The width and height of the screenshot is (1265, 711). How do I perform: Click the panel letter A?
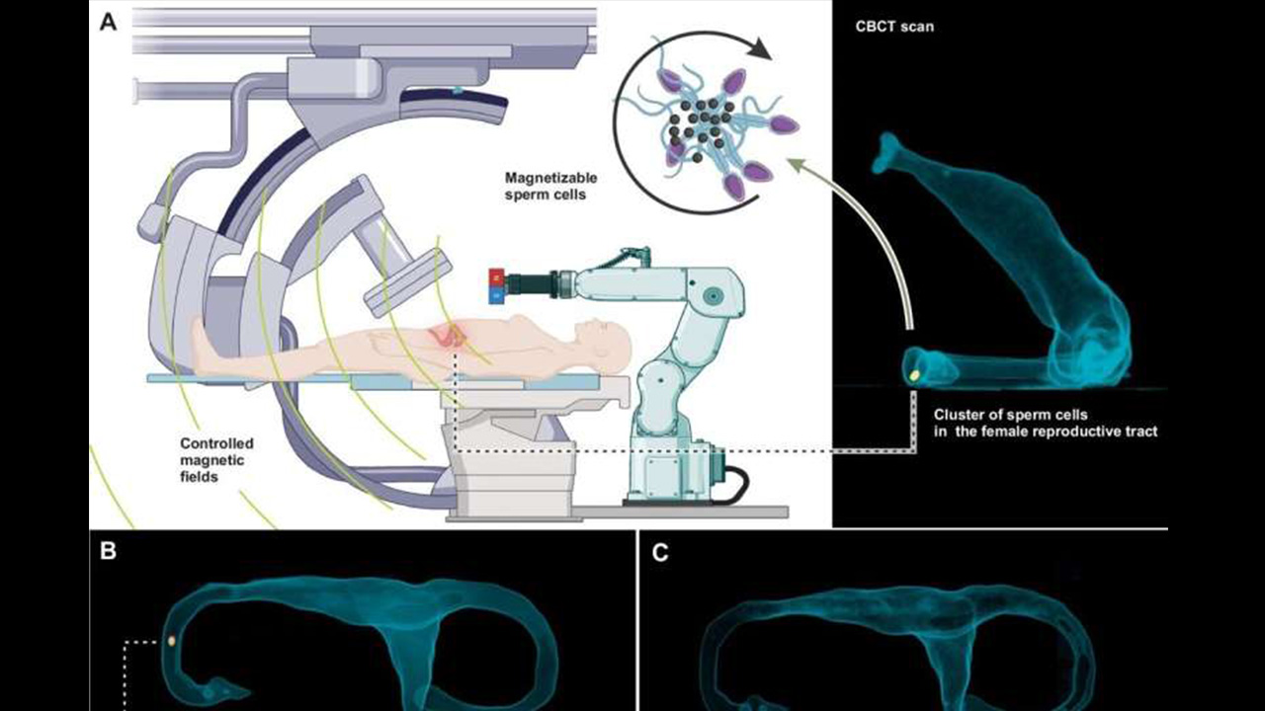109,23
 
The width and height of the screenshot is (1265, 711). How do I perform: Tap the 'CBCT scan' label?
894,27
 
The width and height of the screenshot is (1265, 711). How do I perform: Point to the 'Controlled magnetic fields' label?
216,460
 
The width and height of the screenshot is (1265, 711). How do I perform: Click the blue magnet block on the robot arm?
496,293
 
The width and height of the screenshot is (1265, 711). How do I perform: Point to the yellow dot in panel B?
172,640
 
